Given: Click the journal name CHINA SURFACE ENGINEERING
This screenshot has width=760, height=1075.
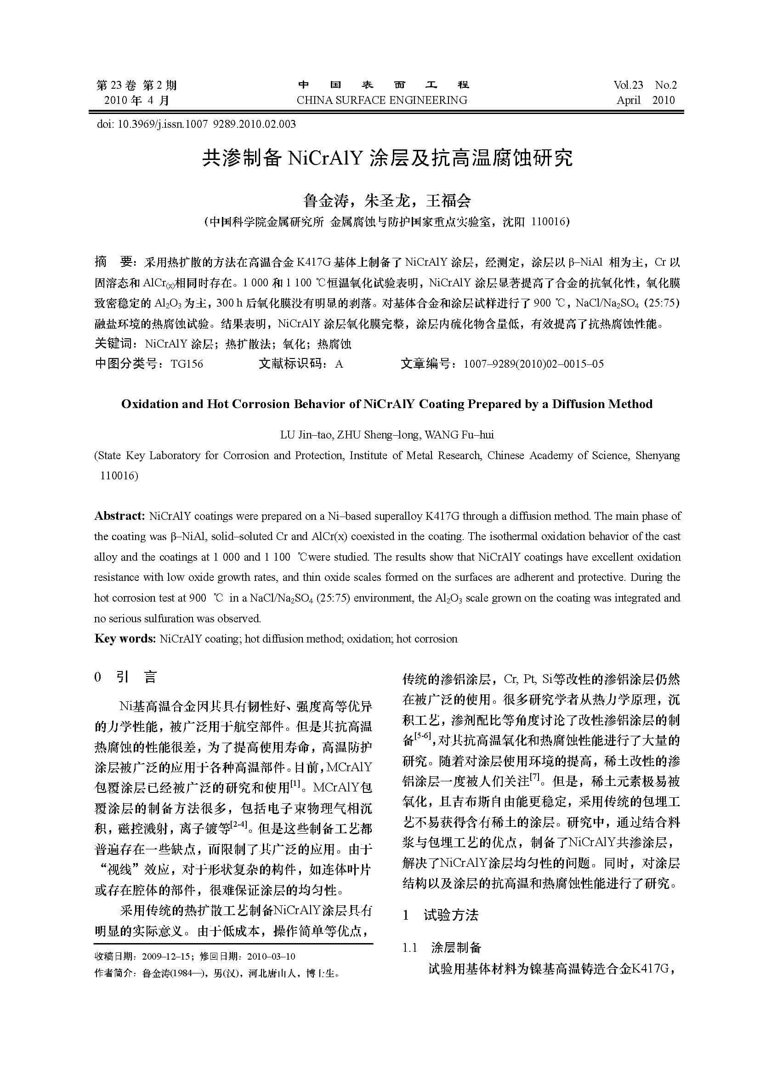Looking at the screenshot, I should pyautogui.click(x=382, y=100).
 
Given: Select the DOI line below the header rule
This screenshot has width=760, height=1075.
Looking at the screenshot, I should pyautogui.click(x=196, y=124).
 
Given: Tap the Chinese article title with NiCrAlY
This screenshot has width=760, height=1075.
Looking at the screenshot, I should pyautogui.click(x=387, y=158).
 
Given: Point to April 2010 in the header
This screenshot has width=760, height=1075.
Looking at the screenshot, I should pyautogui.click(x=645, y=100).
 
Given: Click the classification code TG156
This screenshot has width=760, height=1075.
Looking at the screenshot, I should pyautogui.click(x=187, y=364).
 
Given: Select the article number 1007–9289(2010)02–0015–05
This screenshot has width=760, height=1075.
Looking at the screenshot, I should pyautogui.click(x=533, y=364).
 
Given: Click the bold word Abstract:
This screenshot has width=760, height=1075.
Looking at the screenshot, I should pyautogui.click(x=120, y=516).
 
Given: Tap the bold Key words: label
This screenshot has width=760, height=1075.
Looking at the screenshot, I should pyautogui.click(x=125, y=639).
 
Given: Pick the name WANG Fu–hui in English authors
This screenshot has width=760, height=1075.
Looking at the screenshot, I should pyautogui.click(x=459, y=435).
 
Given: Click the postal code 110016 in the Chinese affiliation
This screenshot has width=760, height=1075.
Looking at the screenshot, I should pyautogui.click(x=549, y=222).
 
